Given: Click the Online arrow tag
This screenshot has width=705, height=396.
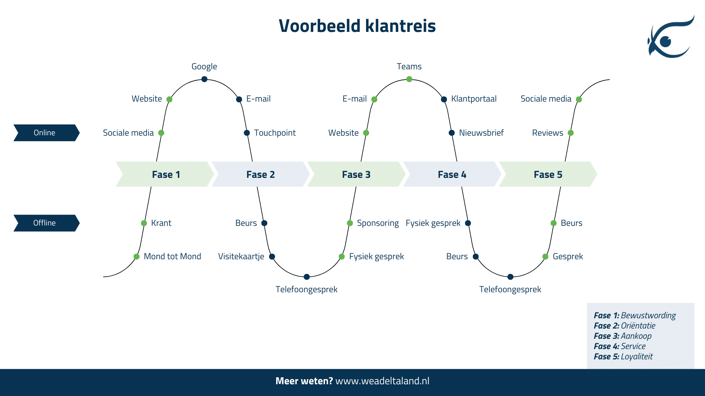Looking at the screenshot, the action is tap(46, 133).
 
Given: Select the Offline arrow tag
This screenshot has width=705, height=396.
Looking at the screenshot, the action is tap(46, 223).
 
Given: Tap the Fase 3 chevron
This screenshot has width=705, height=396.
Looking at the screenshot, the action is tap(356, 174).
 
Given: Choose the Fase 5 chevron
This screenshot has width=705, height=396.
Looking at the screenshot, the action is tap(548, 174).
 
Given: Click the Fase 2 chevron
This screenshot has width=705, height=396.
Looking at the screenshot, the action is tap(260, 174).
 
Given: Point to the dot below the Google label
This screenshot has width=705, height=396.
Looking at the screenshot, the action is tap(205, 79).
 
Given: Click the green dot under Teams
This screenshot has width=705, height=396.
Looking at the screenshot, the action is tap(409, 79).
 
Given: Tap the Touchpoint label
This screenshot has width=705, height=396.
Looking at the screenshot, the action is tap(275, 133).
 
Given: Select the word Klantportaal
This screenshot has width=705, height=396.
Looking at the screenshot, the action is tap(474, 99).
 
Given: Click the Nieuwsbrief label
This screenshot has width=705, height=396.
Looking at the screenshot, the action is tap(481, 133).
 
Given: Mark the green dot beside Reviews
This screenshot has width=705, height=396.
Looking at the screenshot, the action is tap(571, 133).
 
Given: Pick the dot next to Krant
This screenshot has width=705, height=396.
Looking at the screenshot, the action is tap(144, 223).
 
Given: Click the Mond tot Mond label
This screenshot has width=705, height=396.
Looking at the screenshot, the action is tap(172, 256).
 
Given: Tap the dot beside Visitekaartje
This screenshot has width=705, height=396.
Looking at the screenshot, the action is tap(272, 257).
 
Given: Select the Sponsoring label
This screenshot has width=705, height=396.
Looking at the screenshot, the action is tap(378, 223).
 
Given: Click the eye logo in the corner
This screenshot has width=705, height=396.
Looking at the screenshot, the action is tap(670, 37).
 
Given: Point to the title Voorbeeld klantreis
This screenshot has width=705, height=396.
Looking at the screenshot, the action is tap(357, 26).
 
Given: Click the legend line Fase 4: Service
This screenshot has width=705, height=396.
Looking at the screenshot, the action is tap(619, 346).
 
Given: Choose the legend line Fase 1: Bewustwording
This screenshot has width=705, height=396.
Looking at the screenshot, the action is tap(634, 315).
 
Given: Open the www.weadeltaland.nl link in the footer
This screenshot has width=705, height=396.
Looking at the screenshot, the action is tap(382, 381).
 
